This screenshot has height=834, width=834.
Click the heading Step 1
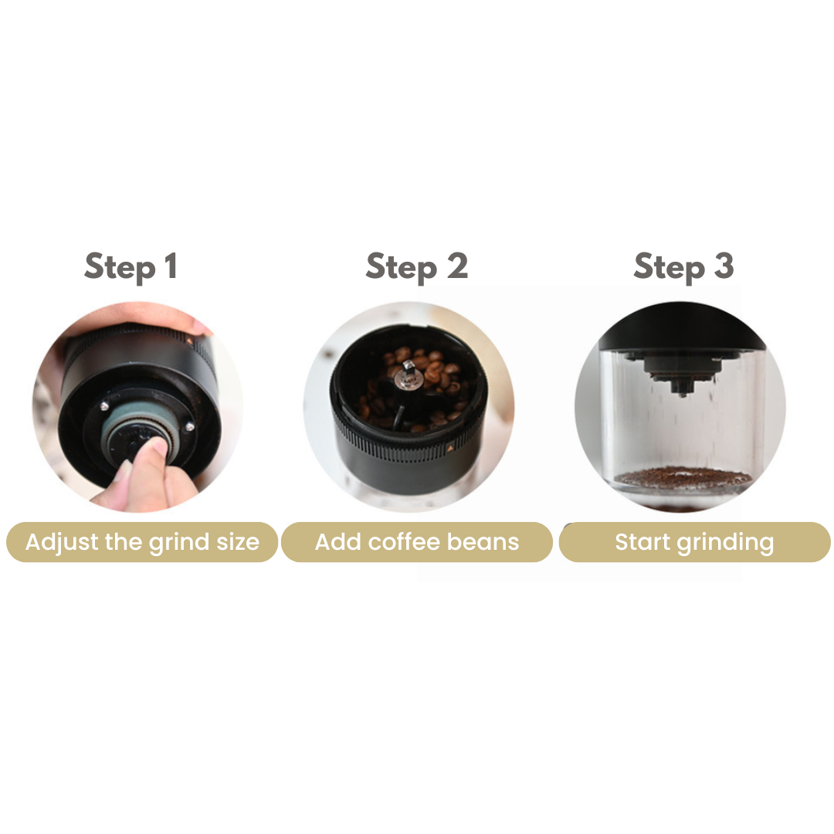tap(131, 267)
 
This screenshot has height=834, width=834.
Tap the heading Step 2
tap(417, 267)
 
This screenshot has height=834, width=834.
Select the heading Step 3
tap(684, 267)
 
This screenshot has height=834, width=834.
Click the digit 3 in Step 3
tap(724, 266)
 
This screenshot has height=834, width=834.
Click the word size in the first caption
tap(238, 542)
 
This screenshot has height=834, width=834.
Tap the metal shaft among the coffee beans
tap(408, 371)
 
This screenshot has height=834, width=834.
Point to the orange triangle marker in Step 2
tap(450, 448)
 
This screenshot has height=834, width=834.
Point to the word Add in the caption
tap(338, 541)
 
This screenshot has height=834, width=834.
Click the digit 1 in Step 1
tap(171, 266)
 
